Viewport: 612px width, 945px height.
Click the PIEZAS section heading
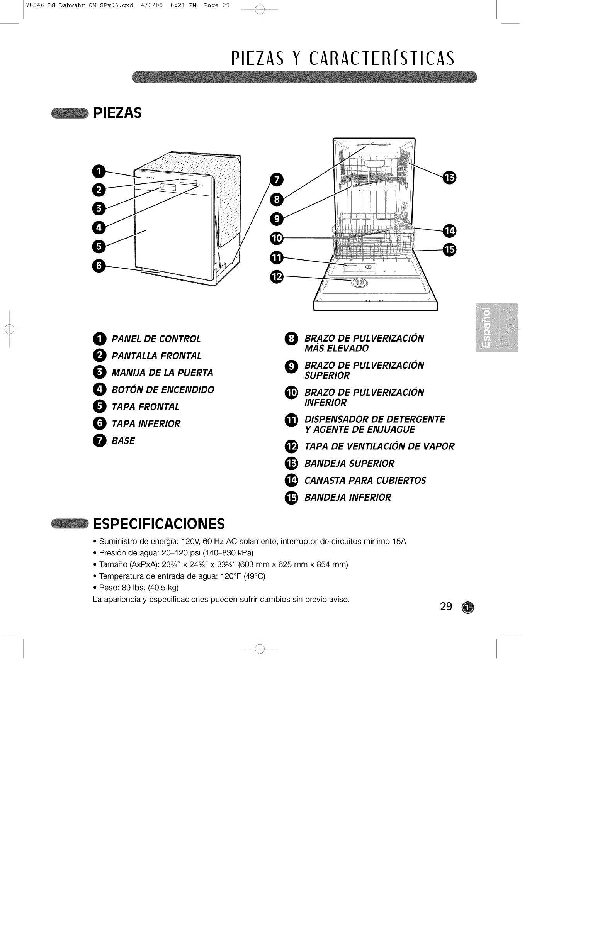pos(117,113)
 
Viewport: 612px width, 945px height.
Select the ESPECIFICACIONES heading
pos(158,524)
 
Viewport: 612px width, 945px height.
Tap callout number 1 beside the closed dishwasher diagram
pos(99,171)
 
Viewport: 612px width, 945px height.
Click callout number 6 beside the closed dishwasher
pos(99,265)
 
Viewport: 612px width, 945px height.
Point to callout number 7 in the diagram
pos(277,180)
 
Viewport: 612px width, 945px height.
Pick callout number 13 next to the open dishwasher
pos(449,178)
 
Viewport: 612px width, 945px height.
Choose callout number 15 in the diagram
pos(449,250)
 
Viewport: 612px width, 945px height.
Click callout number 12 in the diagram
pos(277,277)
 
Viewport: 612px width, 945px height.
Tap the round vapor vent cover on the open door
pos(359,283)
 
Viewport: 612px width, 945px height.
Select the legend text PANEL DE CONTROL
pos(156,339)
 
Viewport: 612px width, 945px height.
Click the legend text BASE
pos(123,441)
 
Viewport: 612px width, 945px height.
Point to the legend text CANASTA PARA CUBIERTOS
pos(365,481)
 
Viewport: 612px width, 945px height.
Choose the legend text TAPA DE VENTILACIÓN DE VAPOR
pos(379,447)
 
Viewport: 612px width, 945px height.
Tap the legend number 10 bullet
pos(291,393)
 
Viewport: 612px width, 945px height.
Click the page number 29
pos(446,606)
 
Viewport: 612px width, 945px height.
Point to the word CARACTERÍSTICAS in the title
pos(381,59)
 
